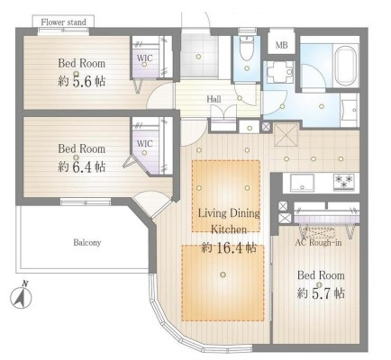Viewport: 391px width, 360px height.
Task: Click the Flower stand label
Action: [x=63, y=22]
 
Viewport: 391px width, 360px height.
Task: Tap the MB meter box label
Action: [x=281, y=45]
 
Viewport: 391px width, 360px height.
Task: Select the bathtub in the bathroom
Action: [x=346, y=66]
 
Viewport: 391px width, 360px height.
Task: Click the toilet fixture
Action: [x=247, y=48]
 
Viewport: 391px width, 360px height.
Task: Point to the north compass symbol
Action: [x=22, y=296]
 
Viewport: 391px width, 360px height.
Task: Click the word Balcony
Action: [x=87, y=242]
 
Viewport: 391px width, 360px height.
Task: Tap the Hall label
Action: [x=214, y=99]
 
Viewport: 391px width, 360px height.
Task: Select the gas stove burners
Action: [x=344, y=182]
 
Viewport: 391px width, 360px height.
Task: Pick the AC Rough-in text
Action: [x=318, y=242]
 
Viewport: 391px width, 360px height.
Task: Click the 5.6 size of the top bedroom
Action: [x=82, y=81]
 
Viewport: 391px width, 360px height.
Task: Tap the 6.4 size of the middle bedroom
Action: [x=82, y=166]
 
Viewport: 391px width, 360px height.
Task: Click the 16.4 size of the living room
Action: [x=230, y=247]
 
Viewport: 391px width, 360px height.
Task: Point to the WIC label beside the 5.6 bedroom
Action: [x=144, y=58]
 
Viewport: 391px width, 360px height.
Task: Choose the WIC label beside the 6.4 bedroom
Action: [x=144, y=143]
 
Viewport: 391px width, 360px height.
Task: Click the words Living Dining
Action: [x=229, y=213]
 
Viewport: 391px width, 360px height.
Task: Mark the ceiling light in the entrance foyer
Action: [x=198, y=57]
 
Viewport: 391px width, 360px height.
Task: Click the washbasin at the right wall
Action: [x=350, y=110]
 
